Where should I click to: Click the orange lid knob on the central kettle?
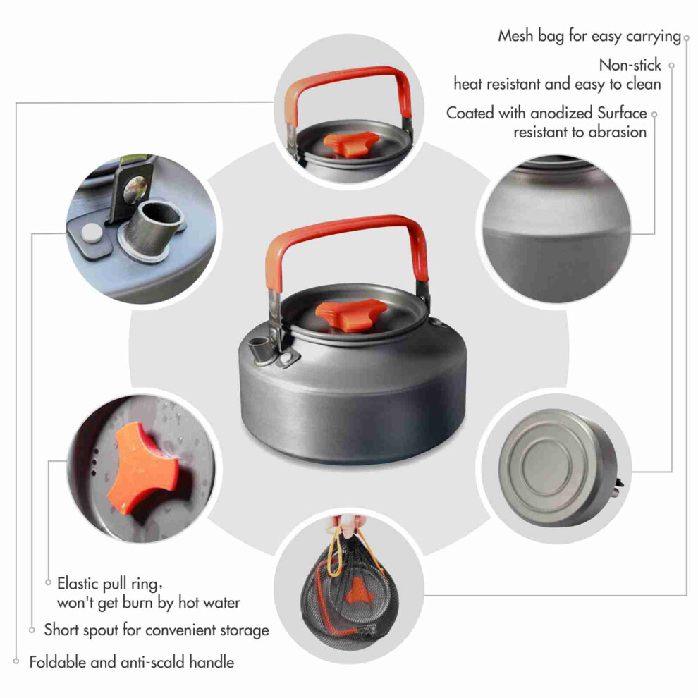(351, 314)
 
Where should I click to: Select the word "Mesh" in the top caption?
(515, 36)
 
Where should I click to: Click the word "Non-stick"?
(630, 65)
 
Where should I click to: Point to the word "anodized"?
(562, 113)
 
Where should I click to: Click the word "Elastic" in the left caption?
(78, 583)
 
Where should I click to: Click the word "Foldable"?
(57, 662)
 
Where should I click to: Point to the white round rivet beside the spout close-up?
(92, 233)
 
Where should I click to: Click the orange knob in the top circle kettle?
(351, 144)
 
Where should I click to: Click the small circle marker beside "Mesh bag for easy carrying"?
(687, 38)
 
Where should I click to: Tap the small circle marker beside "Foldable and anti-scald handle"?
(16, 661)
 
